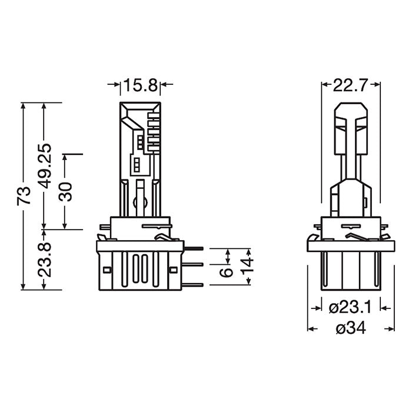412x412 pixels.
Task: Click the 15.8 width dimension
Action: pyautogui.click(x=140, y=85)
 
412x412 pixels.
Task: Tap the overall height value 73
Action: pyautogui.click(x=24, y=195)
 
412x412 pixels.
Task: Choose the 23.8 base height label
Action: pyautogui.click(x=45, y=260)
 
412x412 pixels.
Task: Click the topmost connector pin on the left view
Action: pyautogui.click(x=194, y=249)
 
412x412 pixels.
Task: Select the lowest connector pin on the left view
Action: pyautogui.click(x=194, y=285)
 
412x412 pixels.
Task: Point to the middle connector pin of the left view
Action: pyautogui.click(x=194, y=266)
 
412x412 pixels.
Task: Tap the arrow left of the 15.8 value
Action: pyautogui.click(x=114, y=85)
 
